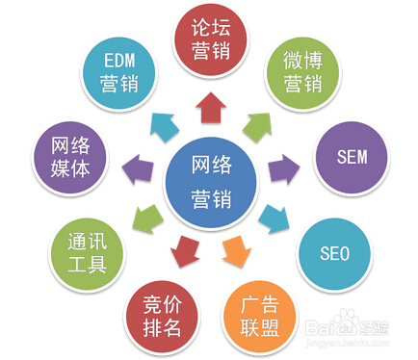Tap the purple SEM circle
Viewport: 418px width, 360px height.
pyautogui.click(x=348, y=156)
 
